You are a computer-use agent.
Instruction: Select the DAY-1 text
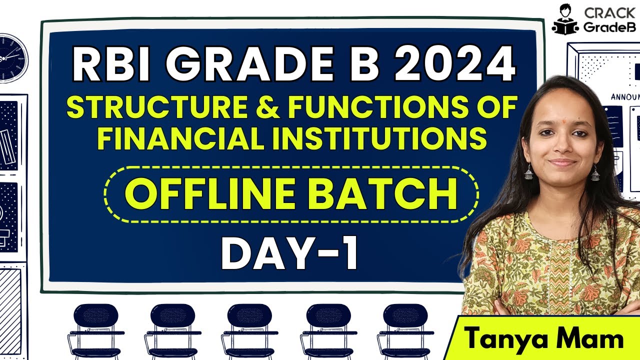tap(290, 254)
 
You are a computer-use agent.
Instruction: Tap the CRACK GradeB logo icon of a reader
tap(564, 19)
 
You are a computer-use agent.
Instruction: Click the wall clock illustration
tap(11, 57)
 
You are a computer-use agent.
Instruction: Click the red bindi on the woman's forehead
tap(560, 108)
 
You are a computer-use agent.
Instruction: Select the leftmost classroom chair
tap(95, 330)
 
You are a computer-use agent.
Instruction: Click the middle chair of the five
tap(249, 330)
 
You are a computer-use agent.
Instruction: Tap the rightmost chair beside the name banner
tap(405, 330)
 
